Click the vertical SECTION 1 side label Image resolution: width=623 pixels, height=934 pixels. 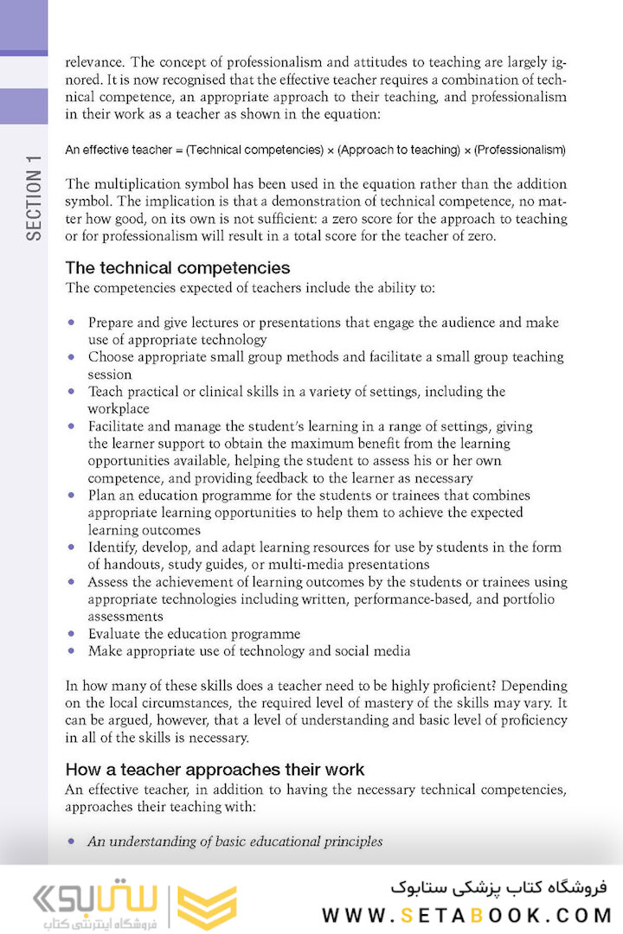[x=34, y=198]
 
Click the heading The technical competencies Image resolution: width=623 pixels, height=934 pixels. [x=177, y=268]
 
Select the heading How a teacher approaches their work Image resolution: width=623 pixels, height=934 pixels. [x=215, y=770]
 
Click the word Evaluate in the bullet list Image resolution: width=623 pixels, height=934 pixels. [x=113, y=634]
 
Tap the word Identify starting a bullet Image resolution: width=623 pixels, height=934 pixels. [x=112, y=547]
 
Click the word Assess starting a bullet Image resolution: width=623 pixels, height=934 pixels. [x=107, y=582]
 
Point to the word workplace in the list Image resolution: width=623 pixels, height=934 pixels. [x=119, y=409]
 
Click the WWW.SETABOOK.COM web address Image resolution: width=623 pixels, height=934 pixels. [x=466, y=915]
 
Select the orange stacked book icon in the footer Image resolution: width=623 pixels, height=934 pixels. [x=207, y=908]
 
